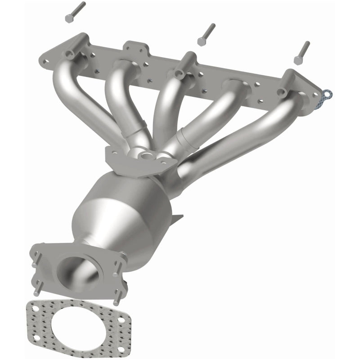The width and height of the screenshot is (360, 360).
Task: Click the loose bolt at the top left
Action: [75, 12]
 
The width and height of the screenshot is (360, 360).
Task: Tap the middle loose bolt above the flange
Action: [207, 34]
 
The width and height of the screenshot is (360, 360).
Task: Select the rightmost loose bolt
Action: [302, 53]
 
